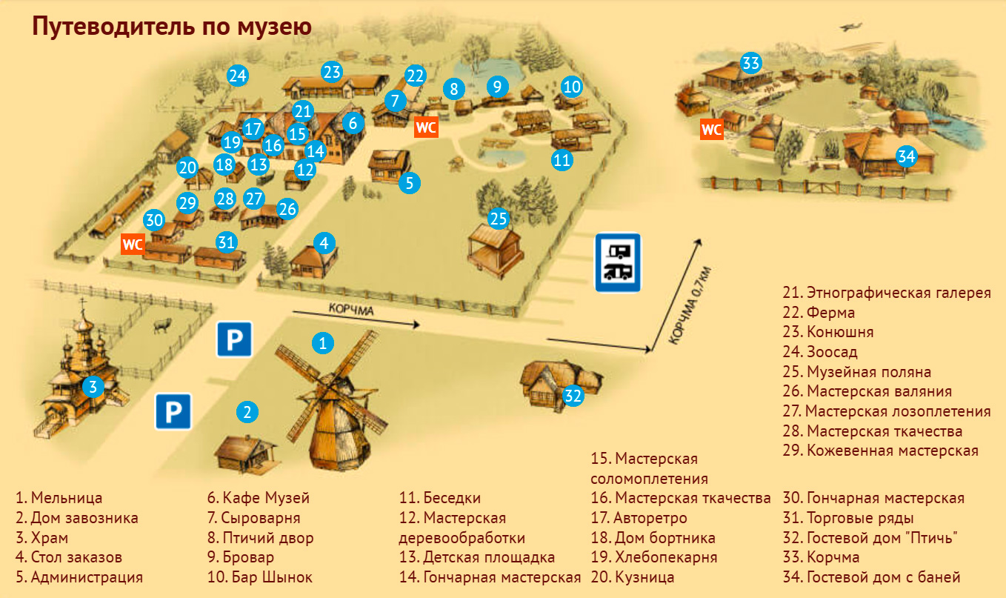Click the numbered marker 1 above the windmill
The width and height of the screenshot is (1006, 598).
(322, 342)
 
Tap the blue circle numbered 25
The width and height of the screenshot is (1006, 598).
(499, 218)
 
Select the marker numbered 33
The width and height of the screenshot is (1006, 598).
(751, 63)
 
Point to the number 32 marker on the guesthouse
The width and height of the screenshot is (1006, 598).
(573, 396)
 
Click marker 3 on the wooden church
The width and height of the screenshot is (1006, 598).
(92, 386)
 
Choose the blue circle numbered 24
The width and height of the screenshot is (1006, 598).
(237, 75)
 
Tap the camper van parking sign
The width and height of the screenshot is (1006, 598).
(618, 264)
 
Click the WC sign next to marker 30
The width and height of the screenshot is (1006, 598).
(133, 244)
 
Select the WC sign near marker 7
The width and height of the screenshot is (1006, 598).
(426, 127)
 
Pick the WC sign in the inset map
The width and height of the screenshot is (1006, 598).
(712, 130)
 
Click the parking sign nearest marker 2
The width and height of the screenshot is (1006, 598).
(173, 411)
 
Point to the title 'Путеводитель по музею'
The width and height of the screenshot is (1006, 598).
(171, 27)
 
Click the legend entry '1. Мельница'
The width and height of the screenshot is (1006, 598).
(59, 498)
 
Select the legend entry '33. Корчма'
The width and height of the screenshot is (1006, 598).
(822, 557)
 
